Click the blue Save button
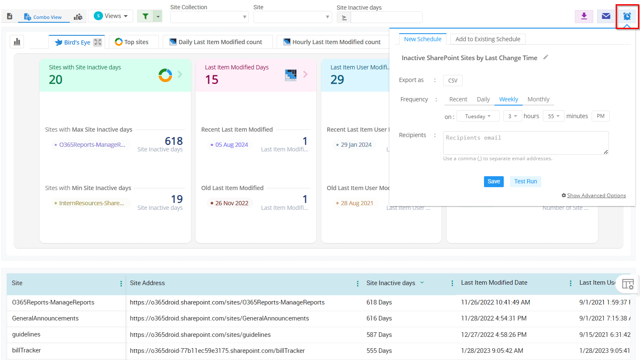coord(494,181)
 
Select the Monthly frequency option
coord(538,99)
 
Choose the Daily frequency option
coord(483,99)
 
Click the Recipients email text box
coord(526,143)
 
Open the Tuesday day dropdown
coord(478,116)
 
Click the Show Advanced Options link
coord(596,196)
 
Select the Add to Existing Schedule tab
coord(488,39)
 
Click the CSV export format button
coord(452,80)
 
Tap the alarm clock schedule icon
coord(627,16)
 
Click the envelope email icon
coord(606,16)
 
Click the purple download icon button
coord(584,16)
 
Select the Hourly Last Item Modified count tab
coord(332,42)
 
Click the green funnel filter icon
coord(145,16)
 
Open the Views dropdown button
coord(111,16)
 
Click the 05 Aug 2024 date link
coord(232,145)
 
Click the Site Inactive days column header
coord(391,283)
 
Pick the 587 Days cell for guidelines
coord(379,335)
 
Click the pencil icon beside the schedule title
coord(546,57)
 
